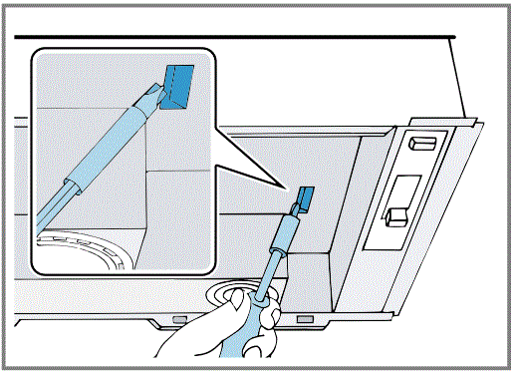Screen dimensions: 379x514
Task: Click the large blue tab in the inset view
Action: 180,83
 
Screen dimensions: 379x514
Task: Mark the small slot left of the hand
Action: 179,319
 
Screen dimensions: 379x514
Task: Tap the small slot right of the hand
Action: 303,319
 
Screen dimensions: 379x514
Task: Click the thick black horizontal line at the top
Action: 229,37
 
